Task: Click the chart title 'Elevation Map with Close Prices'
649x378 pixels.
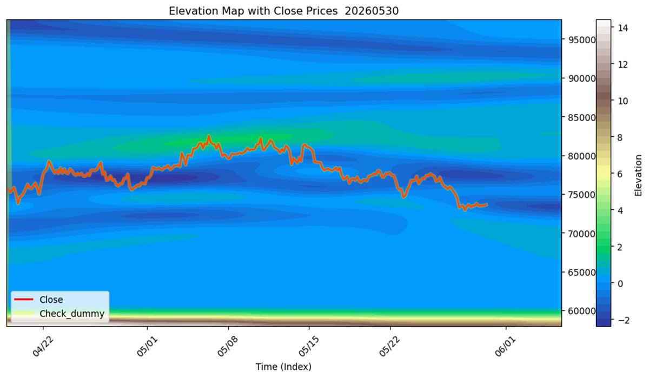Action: click(253, 11)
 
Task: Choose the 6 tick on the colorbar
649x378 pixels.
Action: click(620, 174)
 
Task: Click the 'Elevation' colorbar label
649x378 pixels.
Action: click(638, 175)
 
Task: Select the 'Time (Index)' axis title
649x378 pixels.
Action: click(283, 367)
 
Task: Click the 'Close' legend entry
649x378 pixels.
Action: click(51, 300)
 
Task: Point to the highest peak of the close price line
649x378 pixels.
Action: click(208, 136)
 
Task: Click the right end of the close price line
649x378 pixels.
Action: click(487, 205)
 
